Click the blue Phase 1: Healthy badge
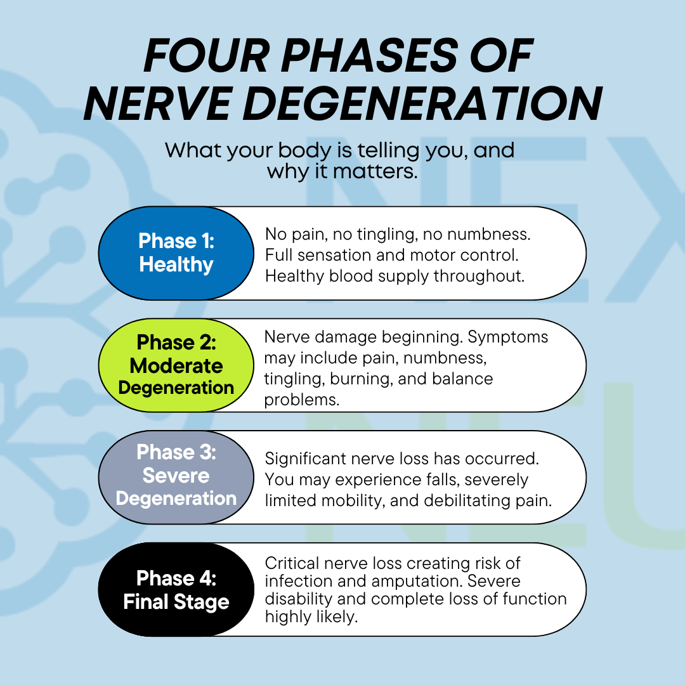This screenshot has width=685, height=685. [176, 252]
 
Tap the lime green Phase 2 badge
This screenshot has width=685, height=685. [176, 365]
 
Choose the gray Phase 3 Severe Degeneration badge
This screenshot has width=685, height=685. [176, 476]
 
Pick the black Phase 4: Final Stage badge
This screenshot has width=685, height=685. [176, 589]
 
